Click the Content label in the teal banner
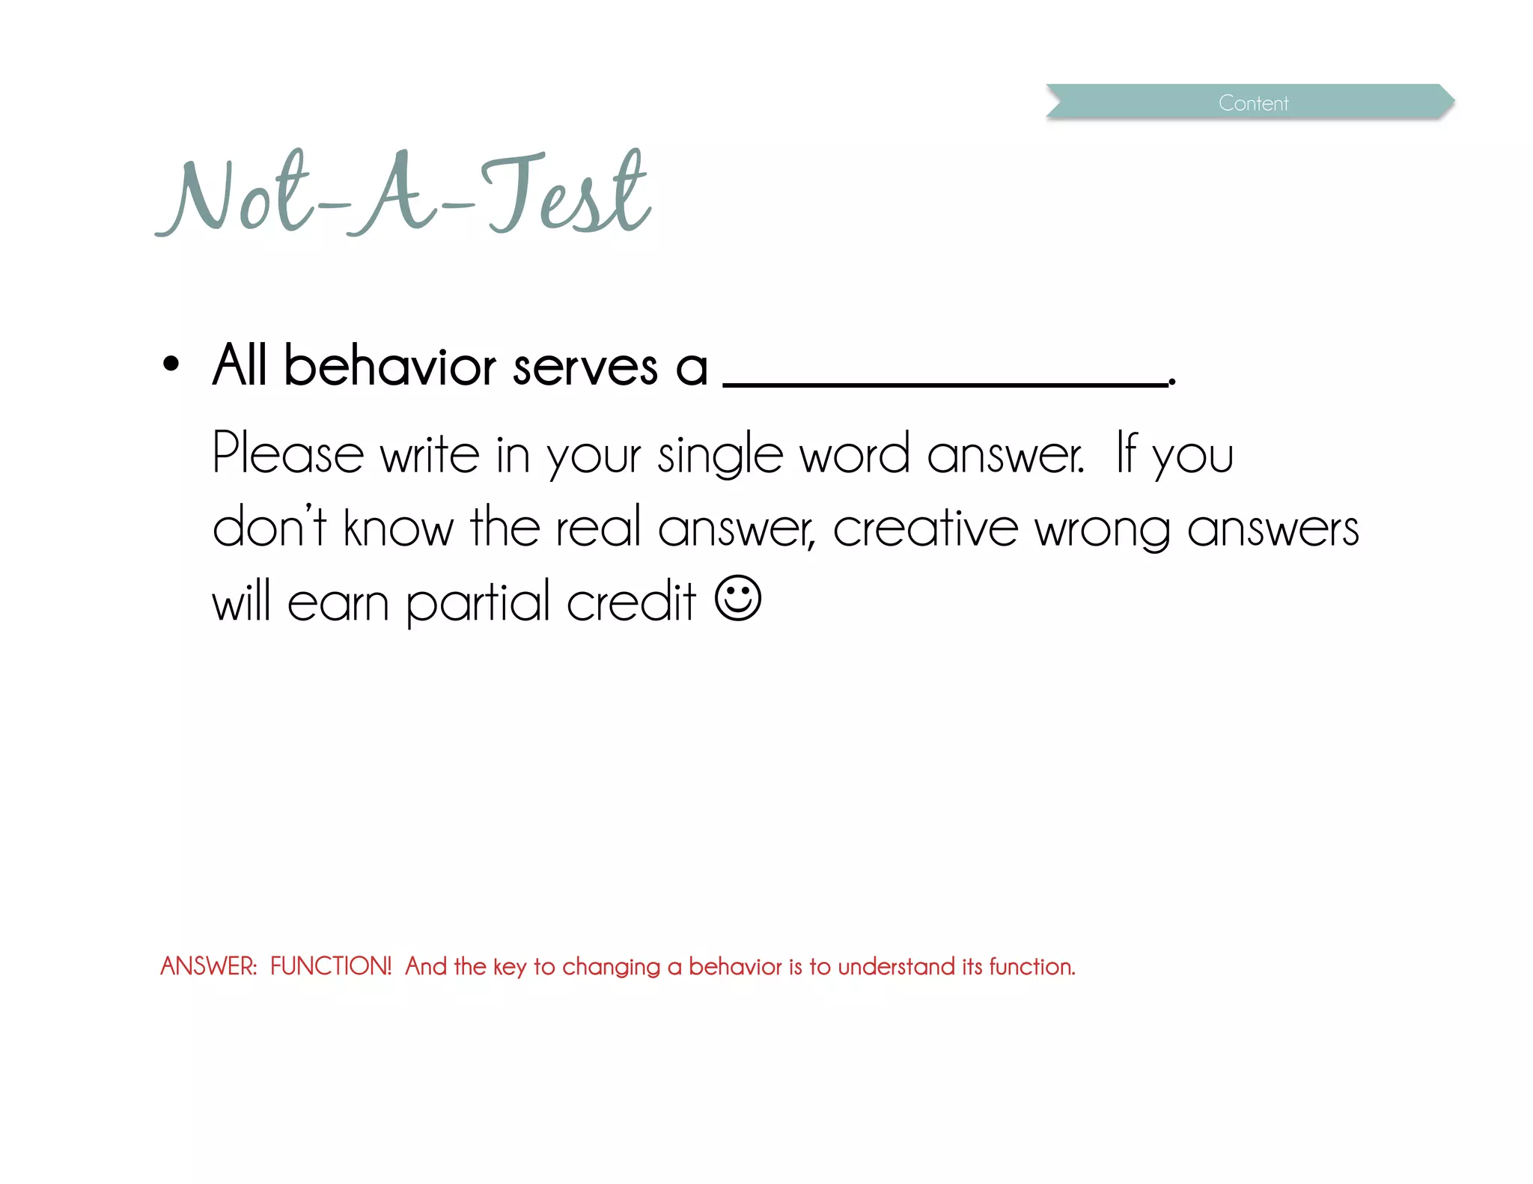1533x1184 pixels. [1253, 103]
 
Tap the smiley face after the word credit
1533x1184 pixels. [738, 598]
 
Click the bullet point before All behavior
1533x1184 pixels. [171, 364]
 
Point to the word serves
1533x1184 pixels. [585, 368]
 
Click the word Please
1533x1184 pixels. [287, 454]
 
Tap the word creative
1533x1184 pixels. [926, 528]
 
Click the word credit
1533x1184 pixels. [631, 602]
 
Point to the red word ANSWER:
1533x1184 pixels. [209, 966]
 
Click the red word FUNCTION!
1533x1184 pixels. [331, 966]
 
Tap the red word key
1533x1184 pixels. [510, 968]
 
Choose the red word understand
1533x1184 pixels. [896, 966]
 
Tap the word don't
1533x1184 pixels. [269, 527]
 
